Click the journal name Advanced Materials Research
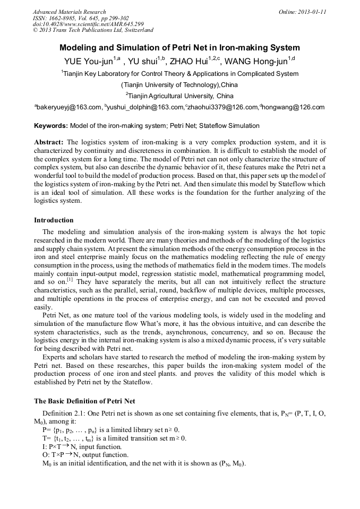[69, 12]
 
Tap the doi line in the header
[88, 24]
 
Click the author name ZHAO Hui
[188, 61]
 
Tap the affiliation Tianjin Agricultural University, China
[180, 96]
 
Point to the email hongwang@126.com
[293, 108]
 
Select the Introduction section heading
[54, 220]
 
